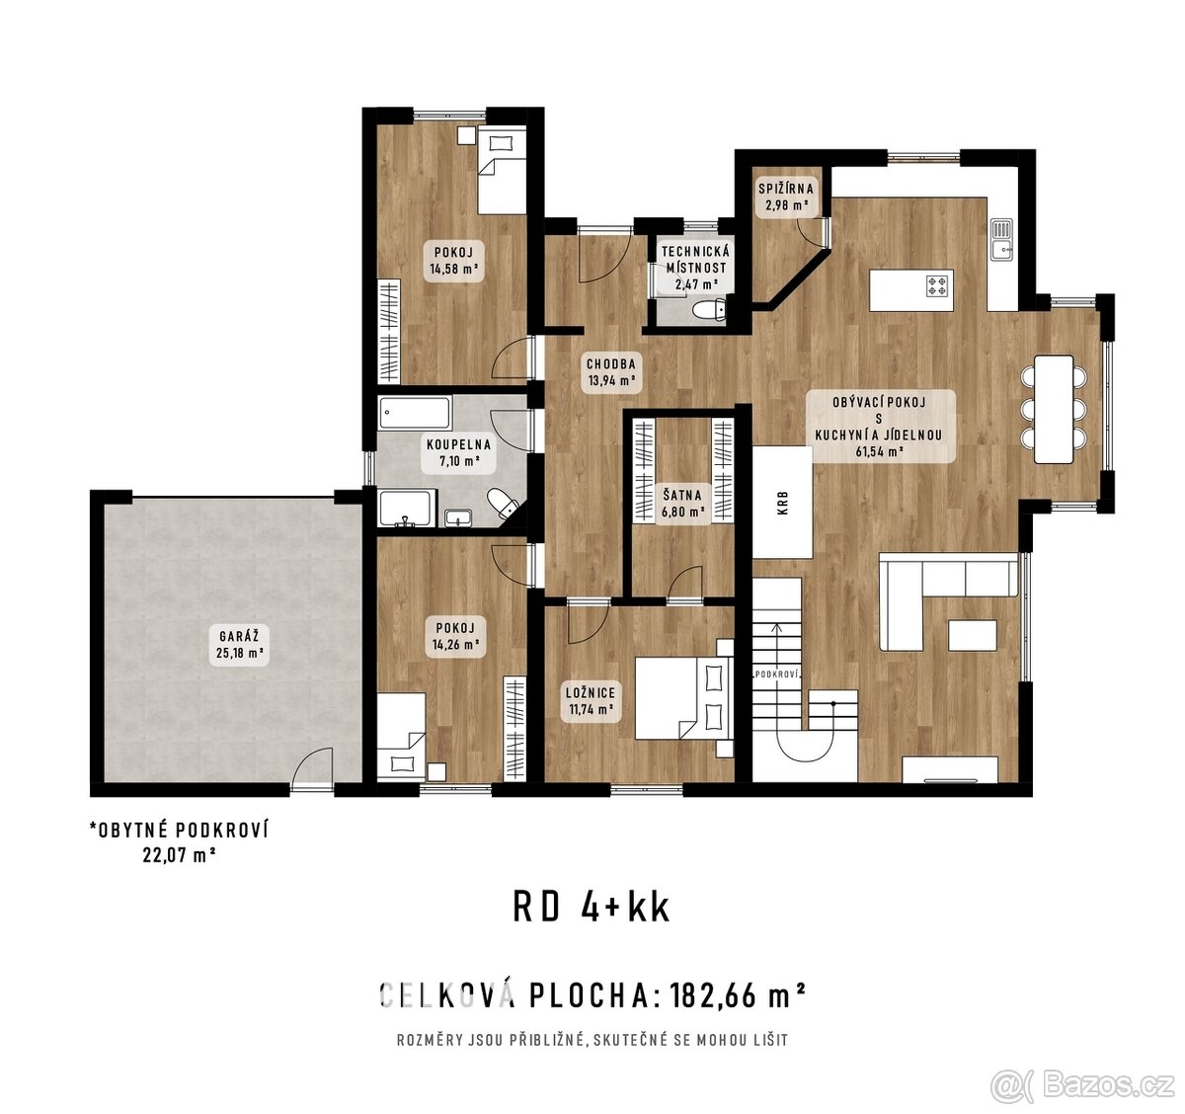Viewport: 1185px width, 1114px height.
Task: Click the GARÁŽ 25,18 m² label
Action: tap(239, 644)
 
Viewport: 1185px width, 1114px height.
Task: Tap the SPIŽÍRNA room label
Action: tap(786, 198)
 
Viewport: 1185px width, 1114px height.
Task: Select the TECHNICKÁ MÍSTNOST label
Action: tap(695, 269)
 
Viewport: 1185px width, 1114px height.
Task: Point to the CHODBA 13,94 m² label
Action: tap(611, 371)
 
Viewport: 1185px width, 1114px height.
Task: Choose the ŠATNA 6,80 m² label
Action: tap(682, 504)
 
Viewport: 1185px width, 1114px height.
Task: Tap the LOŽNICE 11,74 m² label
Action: tap(592, 700)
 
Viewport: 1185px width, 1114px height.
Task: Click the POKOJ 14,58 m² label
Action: tap(454, 260)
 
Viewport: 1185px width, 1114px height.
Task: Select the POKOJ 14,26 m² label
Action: tap(454, 636)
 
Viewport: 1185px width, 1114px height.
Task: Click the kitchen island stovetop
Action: tap(937, 287)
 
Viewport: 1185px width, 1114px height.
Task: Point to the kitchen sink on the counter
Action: tap(1002, 239)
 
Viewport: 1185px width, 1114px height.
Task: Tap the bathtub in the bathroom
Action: tap(415, 413)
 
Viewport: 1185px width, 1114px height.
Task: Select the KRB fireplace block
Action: tap(783, 503)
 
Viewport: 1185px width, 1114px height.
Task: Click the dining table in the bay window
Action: tap(1054, 409)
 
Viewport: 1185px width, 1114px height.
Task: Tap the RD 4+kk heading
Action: tap(592, 907)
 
